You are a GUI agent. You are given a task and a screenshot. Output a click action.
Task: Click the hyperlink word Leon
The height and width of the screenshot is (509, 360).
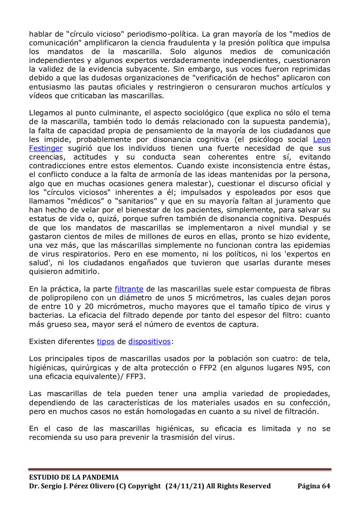pos(322,140)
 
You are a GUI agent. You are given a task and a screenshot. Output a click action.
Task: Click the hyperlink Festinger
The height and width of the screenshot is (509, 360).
pos(46,148)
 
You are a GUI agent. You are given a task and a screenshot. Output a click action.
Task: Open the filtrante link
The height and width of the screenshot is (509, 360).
pos(129,289)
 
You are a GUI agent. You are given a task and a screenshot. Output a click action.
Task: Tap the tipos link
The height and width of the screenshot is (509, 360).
pos(106,342)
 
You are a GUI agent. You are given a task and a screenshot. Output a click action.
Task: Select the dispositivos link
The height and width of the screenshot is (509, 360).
pos(149,342)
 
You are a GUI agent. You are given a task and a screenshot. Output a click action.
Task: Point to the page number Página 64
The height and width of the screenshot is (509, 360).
pos(314,486)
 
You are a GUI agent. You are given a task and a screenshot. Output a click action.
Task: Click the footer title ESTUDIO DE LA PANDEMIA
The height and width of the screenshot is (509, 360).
pos(74,477)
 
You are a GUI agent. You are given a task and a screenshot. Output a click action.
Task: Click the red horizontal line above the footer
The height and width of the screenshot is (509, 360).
pos(180,470)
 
